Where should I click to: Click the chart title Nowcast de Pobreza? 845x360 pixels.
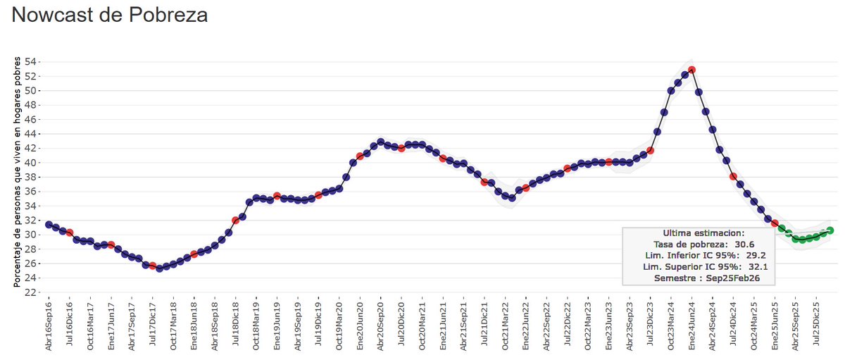[110, 15]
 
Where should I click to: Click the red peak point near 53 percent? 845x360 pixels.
[692, 70]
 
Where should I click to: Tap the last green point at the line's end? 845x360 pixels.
[830, 230]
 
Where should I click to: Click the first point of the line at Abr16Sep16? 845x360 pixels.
[49, 224]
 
